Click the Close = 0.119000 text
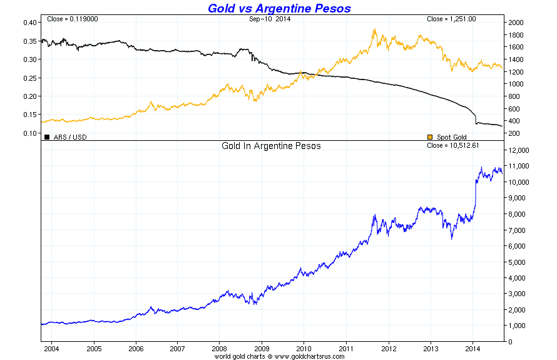pos(72,19)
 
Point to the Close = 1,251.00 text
pos(451,19)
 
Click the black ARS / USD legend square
pos(47,136)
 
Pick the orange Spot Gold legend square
pos(430,136)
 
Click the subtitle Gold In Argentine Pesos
pos(271,147)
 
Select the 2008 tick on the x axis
pos(220,348)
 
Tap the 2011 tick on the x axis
pos(346,348)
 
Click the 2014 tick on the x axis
pos(473,348)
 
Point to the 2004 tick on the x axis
pos(51,348)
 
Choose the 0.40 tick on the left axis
pos(29,23)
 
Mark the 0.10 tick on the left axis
pos(29,133)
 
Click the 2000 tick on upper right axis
pos(516,23)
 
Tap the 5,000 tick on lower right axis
pos(518,262)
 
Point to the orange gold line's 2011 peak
pos(374,29)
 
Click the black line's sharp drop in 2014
pos(476,118)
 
